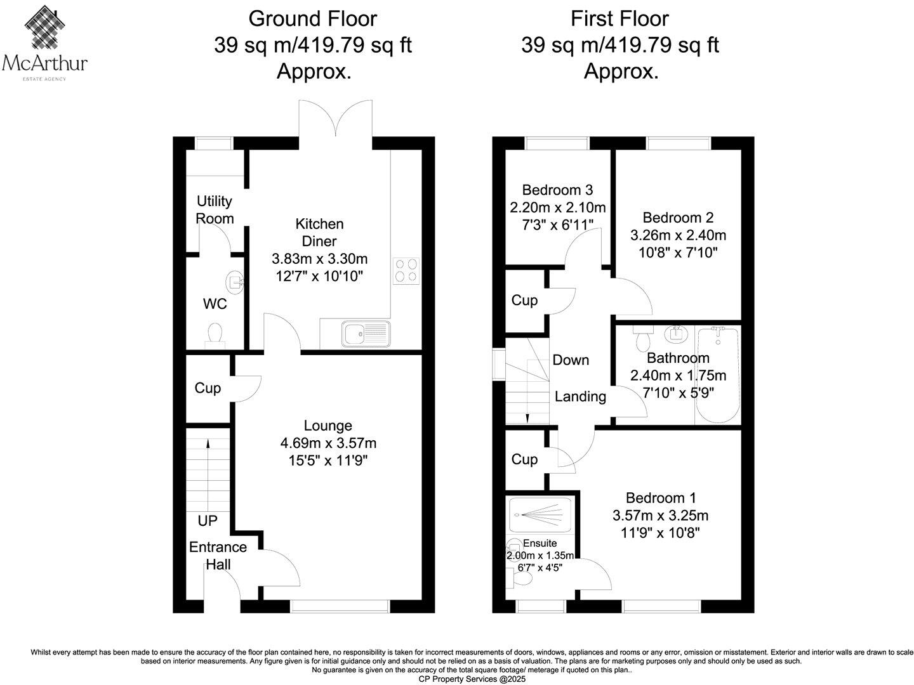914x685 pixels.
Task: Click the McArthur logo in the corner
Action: [x=44, y=42]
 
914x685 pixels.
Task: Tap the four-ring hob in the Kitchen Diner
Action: [x=406, y=270]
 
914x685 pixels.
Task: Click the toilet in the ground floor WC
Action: [x=215, y=334]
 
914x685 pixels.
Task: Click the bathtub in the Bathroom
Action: [x=718, y=375]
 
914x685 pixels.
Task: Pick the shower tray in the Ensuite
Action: [x=540, y=513]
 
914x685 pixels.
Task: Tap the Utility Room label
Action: [x=215, y=210]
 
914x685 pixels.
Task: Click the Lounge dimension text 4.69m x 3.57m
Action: [x=328, y=443]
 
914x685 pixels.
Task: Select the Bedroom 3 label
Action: [x=557, y=190]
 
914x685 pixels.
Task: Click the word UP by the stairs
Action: [x=208, y=521]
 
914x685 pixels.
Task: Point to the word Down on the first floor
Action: [x=571, y=360]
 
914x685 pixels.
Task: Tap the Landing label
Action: [x=580, y=397]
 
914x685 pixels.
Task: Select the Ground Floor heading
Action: [x=312, y=19]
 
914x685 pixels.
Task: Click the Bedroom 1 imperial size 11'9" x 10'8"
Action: [x=660, y=533]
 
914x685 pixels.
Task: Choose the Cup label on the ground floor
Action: [x=208, y=388]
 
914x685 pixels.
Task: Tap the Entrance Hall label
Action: [x=218, y=556]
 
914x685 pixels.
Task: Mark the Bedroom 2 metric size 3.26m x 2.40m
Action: [x=678, y=235]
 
